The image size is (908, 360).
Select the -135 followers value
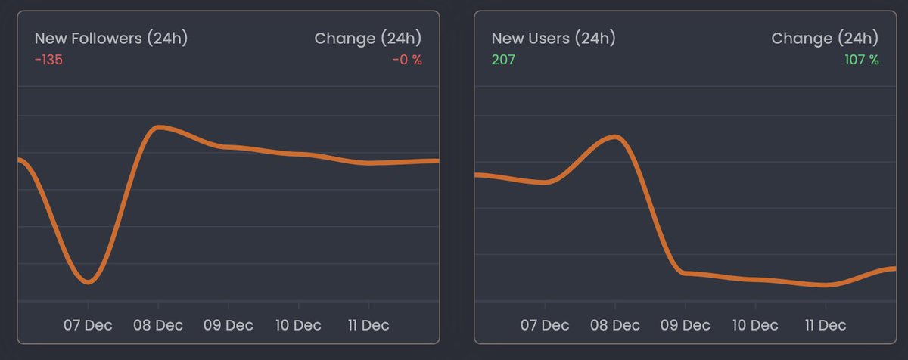(48, 60)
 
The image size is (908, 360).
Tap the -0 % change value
(406, 60)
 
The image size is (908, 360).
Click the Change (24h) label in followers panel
(368, 39)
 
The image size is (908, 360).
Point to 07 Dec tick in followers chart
(89, 325)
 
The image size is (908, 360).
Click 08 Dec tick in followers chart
(158, 325)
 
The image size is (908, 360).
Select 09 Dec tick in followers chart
(229, 325)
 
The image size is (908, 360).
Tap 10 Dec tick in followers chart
(298, 325)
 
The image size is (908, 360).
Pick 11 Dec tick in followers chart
(368, 325)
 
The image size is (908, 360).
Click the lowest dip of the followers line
(89, 282)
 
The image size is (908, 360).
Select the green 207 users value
(503, 60)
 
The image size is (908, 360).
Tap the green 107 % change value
(861, 60)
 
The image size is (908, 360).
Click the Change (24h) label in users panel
(825, 39)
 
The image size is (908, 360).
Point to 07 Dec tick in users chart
(546, 325)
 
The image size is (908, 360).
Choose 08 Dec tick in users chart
(615, 325)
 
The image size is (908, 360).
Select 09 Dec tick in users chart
(686, 325)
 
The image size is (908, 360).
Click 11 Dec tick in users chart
(826, 325)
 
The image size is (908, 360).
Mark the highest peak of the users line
(616, 137)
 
